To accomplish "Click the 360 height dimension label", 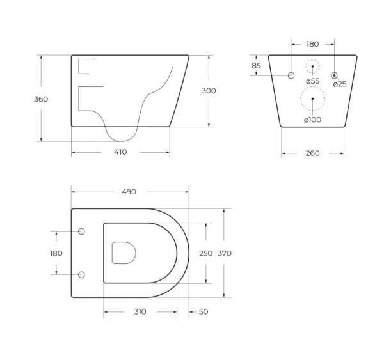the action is click(41, 99).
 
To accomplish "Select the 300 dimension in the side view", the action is click(209, 91).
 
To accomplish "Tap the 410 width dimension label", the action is click(120, 152).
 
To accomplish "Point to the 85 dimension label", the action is click(257, 66).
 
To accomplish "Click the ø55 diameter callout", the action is click(313, 81).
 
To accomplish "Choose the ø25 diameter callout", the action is click(340, 84).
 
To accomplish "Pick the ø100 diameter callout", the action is click(312, 120).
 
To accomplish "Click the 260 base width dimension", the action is click(313, 153).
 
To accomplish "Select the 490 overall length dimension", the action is click(129, 192).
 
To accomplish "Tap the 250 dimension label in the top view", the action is click(205, 253).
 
